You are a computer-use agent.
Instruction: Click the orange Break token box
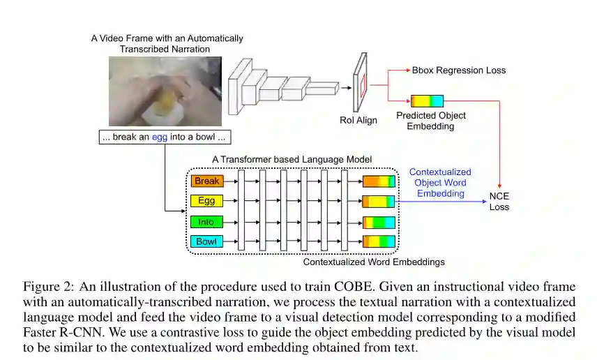coord(206,181)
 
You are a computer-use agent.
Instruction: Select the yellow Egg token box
coord(206,202)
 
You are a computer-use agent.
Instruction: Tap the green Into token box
coord(206,222)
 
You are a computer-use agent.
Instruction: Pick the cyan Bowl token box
coord(206,242)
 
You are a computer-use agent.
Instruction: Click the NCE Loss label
coord(499,202)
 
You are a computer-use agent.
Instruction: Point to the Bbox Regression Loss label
coord(458,70)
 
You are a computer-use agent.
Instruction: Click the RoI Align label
coord(358,120)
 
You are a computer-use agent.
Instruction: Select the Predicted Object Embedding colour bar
coord(427,101)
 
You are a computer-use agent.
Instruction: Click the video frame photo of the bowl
coord(165,91)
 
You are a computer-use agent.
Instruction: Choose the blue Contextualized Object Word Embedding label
coord(439,183)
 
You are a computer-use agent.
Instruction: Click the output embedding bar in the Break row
coord(379,181)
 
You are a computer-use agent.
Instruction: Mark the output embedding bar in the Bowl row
coord(379,242)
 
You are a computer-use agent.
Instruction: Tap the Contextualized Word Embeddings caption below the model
coord(374,262)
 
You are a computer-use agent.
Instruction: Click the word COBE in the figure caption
coord(417,287)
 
